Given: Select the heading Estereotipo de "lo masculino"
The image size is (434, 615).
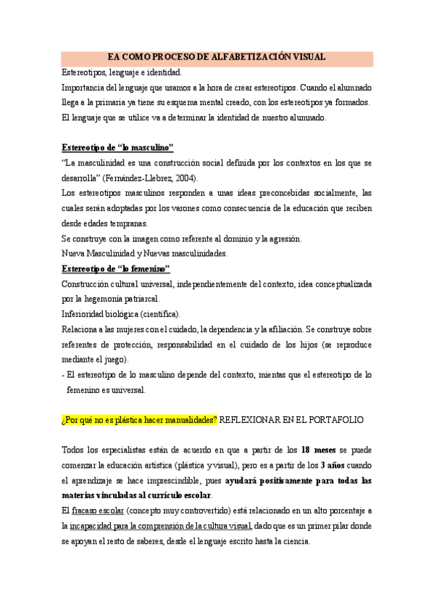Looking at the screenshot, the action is (117, 146).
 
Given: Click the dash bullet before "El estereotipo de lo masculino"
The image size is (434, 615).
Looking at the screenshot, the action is (63, 375).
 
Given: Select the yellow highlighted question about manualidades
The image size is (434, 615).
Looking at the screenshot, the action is (139, 420).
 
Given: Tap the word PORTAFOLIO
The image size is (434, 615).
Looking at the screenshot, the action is (333, 420).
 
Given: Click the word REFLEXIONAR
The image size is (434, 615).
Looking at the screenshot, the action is (251, 420).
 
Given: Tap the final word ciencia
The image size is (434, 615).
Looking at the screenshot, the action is (295, 542).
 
